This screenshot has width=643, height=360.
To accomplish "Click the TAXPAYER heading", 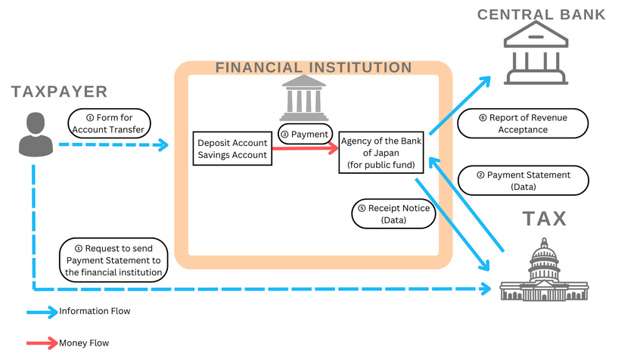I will [59, 92].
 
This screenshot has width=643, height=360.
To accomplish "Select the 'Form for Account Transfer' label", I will [110, 123].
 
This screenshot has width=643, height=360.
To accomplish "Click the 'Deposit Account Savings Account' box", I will [232, 149].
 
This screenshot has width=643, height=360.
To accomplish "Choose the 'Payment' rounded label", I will [306, 135].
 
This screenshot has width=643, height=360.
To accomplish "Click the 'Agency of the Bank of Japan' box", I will [383, 152].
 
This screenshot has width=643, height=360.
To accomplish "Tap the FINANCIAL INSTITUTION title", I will [313, 67].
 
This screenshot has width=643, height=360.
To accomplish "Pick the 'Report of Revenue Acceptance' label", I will [523, 123].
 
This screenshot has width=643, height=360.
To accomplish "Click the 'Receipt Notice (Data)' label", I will [393, 214].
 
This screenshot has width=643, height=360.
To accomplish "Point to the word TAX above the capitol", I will [545, 219].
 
